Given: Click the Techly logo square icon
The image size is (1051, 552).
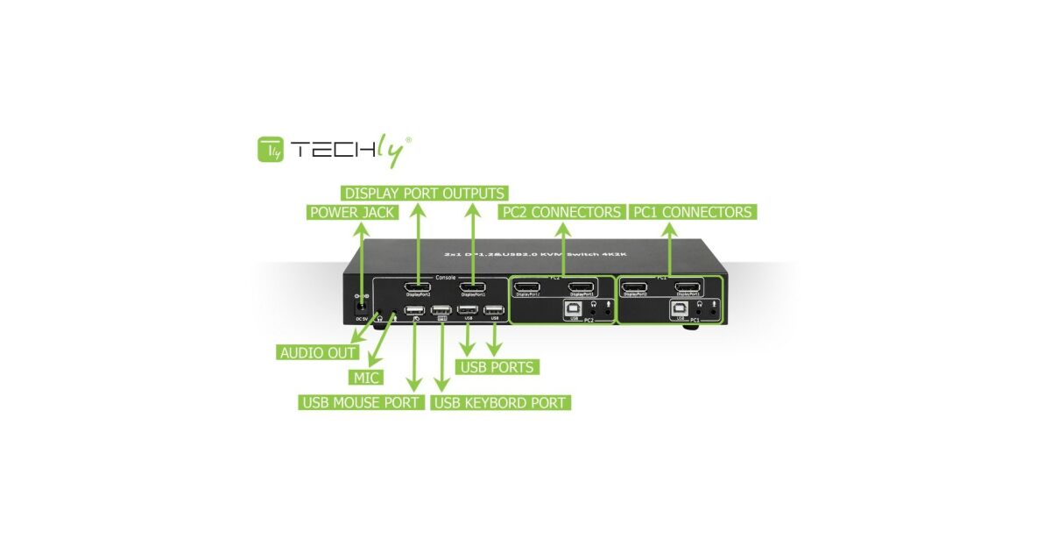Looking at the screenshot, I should point(270,150).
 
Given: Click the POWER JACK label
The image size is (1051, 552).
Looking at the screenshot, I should point(352,212).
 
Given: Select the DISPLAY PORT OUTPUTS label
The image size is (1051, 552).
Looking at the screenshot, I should point(424,193).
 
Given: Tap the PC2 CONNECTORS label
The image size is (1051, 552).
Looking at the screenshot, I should point(561,212).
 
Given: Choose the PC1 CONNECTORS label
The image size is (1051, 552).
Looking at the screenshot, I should point(691,212).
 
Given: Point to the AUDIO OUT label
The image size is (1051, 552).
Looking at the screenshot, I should point(317,352).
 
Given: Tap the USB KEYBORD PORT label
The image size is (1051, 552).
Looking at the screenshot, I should point(501,402).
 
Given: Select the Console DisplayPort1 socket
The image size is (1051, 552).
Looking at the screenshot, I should point(473,287).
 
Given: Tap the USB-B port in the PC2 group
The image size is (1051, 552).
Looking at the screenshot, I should point(573,308).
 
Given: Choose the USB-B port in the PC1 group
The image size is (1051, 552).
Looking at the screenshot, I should point(680,308).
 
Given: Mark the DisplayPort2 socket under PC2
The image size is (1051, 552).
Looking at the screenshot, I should point(527,287).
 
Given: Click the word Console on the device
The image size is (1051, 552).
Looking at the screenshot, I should point(446,277).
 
